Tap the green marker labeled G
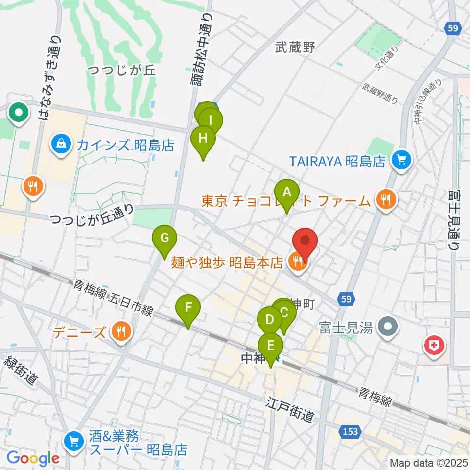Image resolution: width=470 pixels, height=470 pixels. [165, 239]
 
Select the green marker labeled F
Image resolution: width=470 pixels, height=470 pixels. [188, 308]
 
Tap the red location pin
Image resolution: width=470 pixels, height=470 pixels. [305, 241]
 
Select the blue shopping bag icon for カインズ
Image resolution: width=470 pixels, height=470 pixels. [61, 144]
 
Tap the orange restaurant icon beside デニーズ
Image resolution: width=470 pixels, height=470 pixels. [120, 331]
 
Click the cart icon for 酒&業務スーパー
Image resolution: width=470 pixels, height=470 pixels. [74, 440]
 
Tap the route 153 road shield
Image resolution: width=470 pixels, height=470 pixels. [350, 432]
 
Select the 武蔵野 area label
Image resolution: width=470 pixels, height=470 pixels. [295, 47]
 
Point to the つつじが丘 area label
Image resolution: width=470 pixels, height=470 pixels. [122, 70]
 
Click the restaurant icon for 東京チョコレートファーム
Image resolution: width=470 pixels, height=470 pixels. [386, 199]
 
